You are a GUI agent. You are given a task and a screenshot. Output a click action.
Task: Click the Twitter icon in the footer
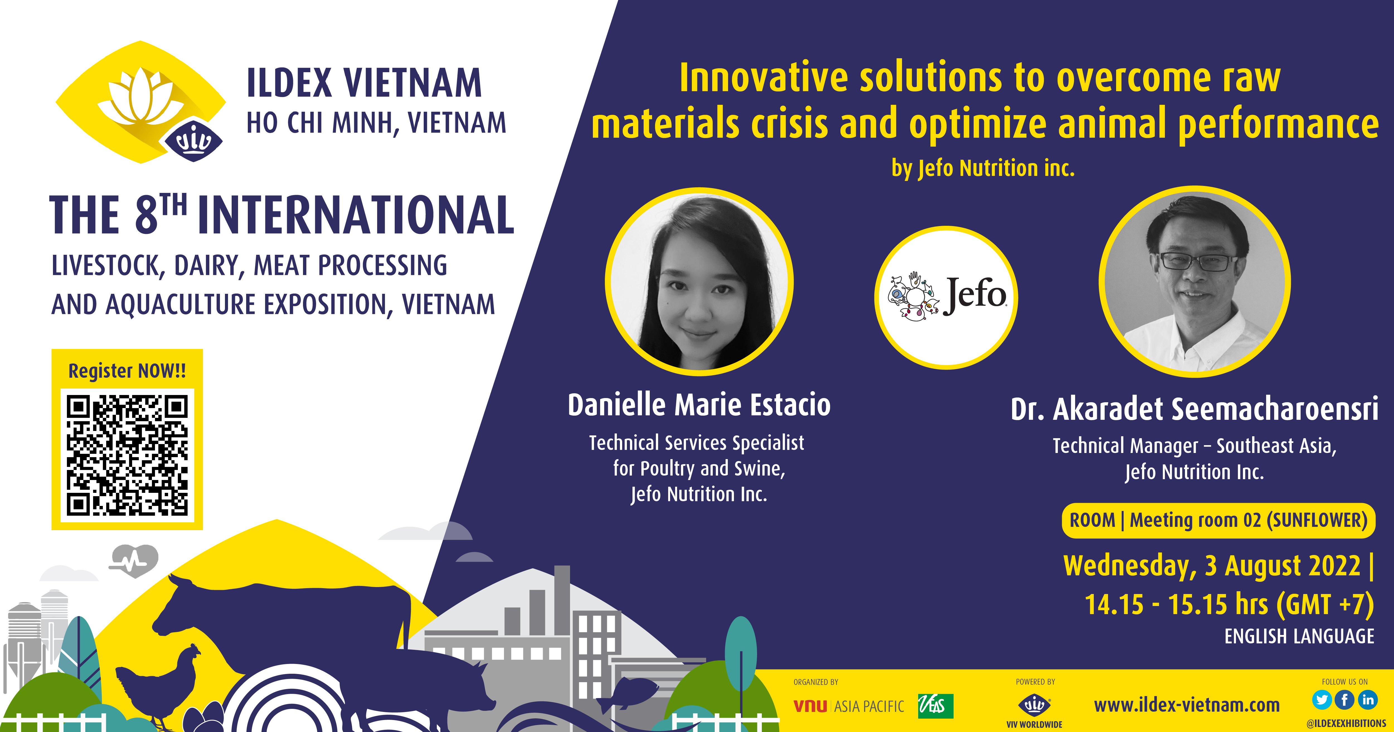point(1322,700)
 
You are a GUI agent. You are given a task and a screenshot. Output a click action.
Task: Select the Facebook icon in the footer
point(1345,700)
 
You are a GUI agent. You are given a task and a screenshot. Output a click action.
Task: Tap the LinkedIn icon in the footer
point(1368,700)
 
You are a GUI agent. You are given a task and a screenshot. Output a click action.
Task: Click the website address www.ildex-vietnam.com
point(1187,705)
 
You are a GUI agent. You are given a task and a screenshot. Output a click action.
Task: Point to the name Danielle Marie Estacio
point(699,405)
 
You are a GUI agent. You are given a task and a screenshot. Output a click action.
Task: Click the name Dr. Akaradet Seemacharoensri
point(1194,408)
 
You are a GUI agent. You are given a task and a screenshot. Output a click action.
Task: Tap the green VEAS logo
point(936,706)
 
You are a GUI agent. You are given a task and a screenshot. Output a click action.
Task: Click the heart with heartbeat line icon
point(133,561)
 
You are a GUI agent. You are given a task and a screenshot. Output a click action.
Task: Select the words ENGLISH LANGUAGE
point(1299,636)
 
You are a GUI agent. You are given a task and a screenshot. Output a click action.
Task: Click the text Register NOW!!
point(127,371)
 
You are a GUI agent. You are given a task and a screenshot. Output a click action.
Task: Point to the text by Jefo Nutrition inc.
point(983,168)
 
